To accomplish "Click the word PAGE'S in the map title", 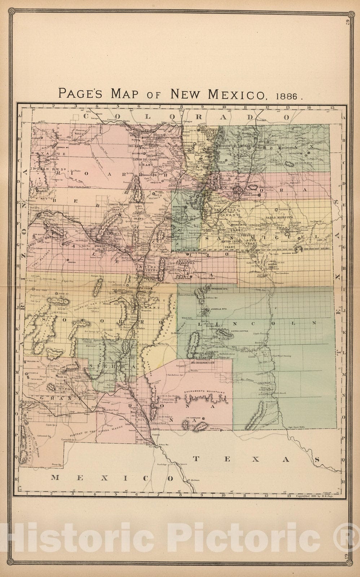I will tap(81, 94).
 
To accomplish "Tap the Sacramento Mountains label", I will tap(204, 392).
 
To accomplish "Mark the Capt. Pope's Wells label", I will tap(296, 427).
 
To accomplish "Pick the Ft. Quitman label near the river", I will tap(193, 480).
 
